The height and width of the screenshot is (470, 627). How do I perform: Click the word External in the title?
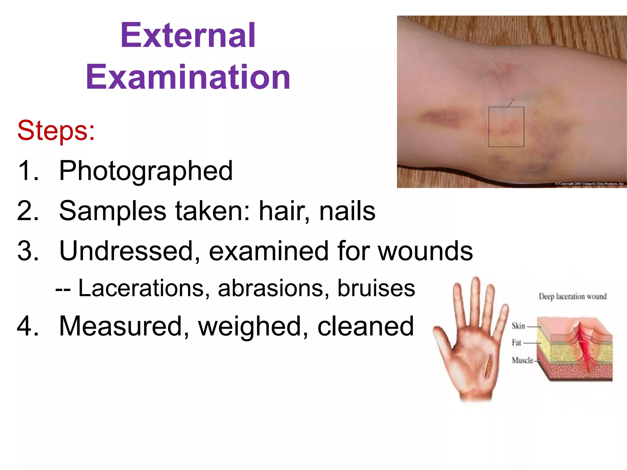(x=188, y=35)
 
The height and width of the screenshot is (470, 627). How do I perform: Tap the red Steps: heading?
(x=56, y=131)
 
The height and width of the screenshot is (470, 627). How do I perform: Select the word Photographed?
(x=146, y=171)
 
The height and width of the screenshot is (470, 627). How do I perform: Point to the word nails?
(x=347, y=211)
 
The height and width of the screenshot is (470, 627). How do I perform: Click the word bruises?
(x=376, y=288)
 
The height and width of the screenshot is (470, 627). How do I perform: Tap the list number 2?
(x=28, y=211)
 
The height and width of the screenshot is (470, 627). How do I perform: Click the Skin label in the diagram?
(x=518, y=326)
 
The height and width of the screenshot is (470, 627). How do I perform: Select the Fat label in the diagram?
(x=516, y=343)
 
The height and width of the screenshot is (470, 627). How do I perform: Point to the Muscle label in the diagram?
(x=522, y=360)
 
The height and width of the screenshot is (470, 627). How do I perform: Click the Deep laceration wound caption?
(x=573, y=297)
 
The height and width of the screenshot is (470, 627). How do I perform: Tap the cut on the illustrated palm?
(x=488, y=366)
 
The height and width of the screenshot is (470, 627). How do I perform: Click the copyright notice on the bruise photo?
(x=589, y=184)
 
